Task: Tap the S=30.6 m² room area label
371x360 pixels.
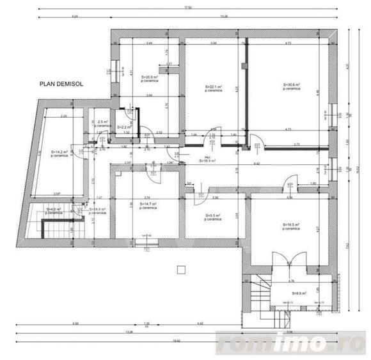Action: tap(292, 86)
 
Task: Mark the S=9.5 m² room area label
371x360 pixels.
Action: tap(213, 216)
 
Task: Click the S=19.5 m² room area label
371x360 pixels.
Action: tap(292, 224)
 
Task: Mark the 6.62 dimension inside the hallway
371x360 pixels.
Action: tap(256, 164)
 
